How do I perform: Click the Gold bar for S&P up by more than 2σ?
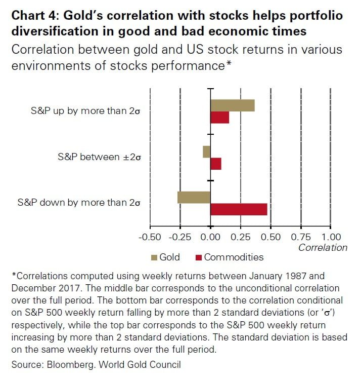pyautogui.click(x=232, y=105)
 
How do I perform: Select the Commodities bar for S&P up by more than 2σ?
pyautogui.click(x=219, y=117)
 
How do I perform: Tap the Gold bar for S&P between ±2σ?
pyautogui.click(x=206, y=151)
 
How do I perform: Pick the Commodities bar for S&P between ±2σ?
pyautogui.click(x=216, y=164)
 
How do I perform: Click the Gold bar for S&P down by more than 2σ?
pyautogui.click(x=194, y=197)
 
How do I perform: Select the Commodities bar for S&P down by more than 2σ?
pyautogui.click(x=239, y=209)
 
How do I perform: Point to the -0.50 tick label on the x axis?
pyautogui.click(x=150, y=237)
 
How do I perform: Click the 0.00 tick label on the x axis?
pyautogui.click(x=210, y=237)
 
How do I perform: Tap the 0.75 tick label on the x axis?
pyautogui.click(x=301, y=237)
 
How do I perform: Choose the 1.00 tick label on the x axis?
pyautogui.click(x=331, y=237)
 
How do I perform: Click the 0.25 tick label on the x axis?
pyautogui.click(x=241, y=237)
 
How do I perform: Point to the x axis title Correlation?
pyautogui.click(x=323, y=248)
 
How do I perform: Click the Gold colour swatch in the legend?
pyautogui.click(x=155, y=257)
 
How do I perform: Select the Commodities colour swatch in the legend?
pyautogui.click(x=199, y=257)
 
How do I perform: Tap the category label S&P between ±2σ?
pyautogui.click(x=99, y=157)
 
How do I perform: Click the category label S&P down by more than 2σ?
pyautogui.click(x=78, y=203)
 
